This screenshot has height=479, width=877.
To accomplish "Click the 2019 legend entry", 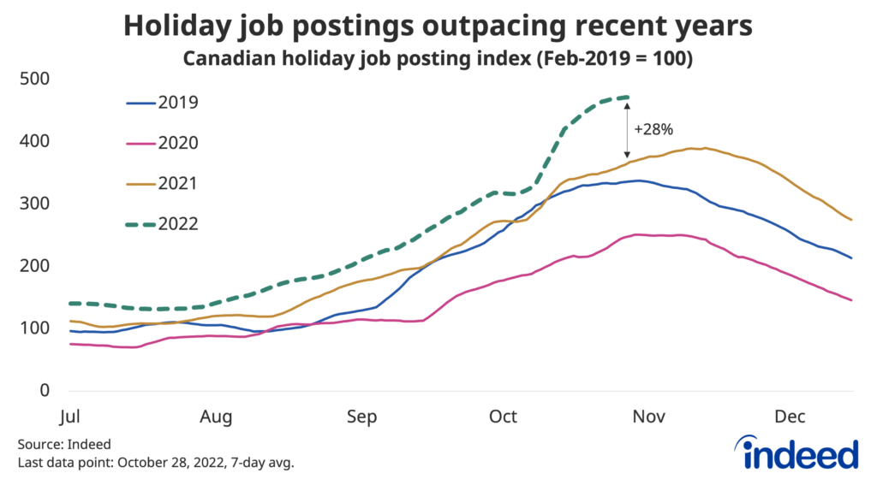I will [163, 103].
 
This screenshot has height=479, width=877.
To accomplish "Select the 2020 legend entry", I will [163, 143].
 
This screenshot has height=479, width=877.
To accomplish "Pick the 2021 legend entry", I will [163, 183].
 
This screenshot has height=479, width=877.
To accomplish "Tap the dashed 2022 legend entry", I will [163, 223].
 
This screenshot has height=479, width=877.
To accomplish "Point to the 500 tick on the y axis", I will [36, 79].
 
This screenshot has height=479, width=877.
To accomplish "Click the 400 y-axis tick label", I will [36, 141].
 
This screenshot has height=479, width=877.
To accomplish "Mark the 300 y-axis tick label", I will [36, 204].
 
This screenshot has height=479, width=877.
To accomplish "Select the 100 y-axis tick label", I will [36, 328].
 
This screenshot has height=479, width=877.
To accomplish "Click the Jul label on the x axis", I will [71, 417].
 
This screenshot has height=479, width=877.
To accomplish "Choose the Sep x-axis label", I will [361, 417].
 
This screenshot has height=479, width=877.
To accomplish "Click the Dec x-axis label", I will [790, 417].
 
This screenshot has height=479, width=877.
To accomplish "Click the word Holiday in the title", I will [179, 27].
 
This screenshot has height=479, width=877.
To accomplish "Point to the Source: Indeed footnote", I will [64, 445].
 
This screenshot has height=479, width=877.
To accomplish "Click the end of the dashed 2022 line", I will [629, 97].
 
